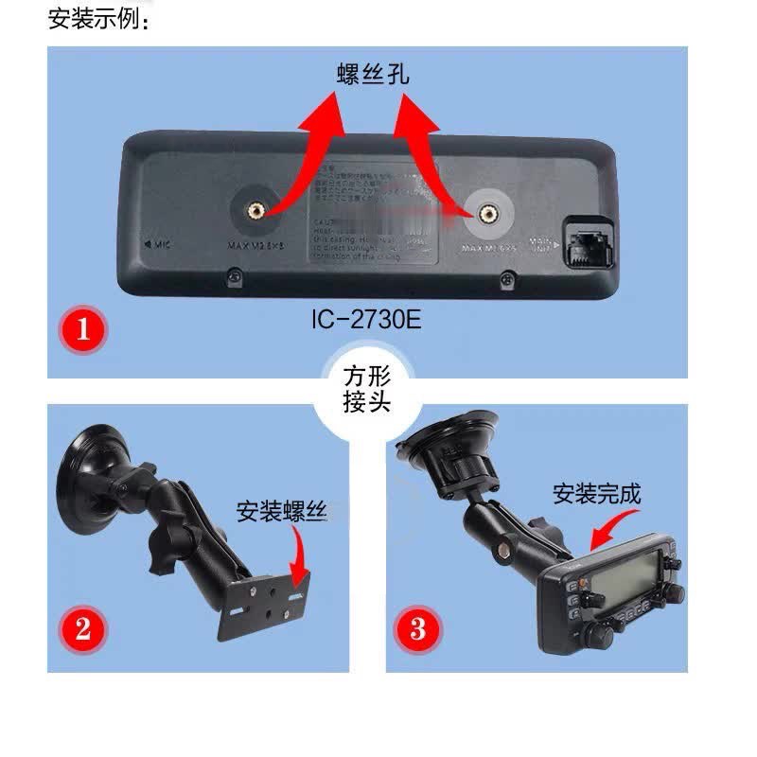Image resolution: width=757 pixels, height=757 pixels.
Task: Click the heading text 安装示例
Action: [98, 19]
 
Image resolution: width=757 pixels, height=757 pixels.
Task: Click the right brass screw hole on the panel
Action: [488, 213]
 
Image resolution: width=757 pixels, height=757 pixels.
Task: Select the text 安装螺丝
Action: [281, 512]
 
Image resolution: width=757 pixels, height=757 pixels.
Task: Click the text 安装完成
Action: [597, 493]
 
